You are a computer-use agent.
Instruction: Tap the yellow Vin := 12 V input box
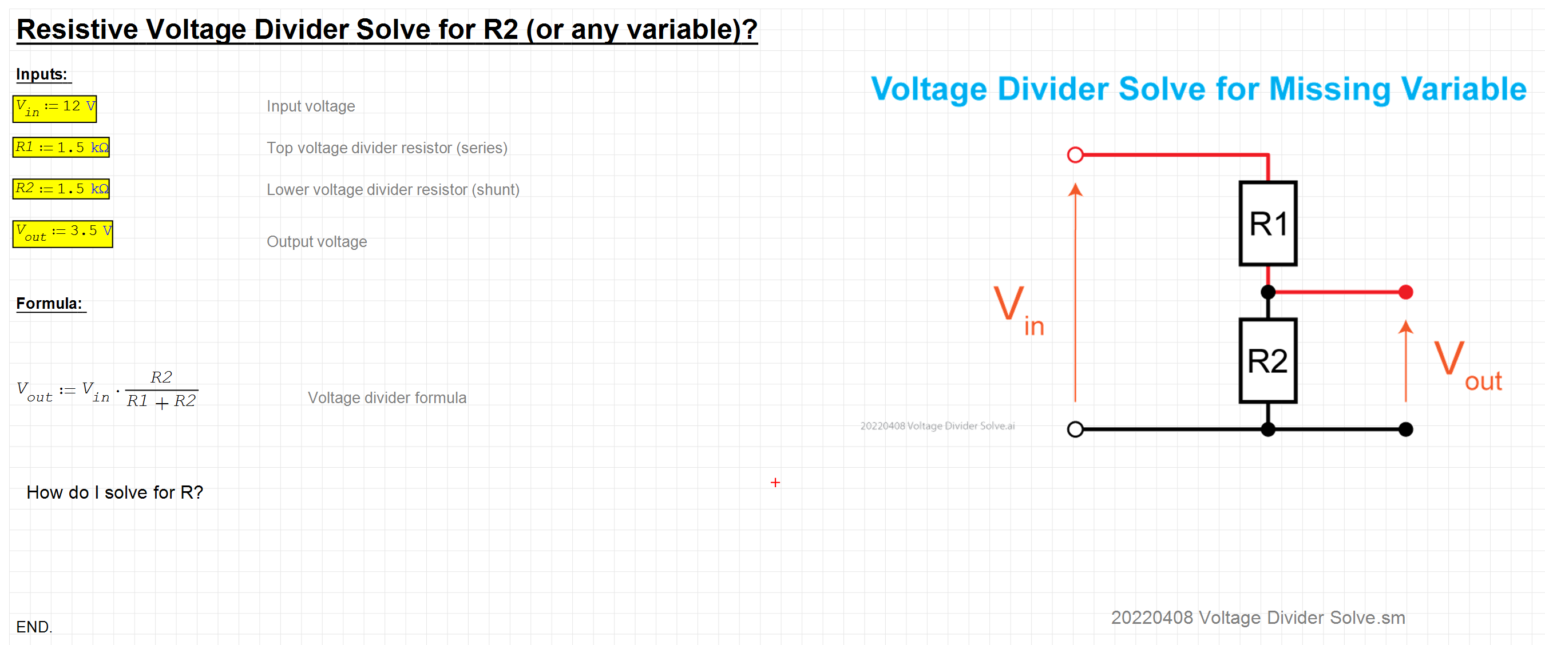point(54,109)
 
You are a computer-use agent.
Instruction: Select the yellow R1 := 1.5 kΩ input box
point(61,147)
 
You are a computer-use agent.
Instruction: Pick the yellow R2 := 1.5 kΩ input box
point(61,189)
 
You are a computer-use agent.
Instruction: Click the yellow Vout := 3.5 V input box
point(63,234)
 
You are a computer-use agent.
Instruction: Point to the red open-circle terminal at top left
point(1075,154)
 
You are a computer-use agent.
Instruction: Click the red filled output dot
point(1406,292)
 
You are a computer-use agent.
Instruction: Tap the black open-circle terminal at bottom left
point(1075,429)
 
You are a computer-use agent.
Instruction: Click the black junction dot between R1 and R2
point(1268,292)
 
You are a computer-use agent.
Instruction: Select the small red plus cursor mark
point(775,483)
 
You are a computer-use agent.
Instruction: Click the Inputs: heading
point(41,74)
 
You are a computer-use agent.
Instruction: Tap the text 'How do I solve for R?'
point(114,492)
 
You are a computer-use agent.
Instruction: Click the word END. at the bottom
point(34,627)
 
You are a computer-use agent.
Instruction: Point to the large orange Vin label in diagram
point(1019,310)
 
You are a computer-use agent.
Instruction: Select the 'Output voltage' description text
point(316,241)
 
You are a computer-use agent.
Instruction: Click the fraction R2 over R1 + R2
point(161,389)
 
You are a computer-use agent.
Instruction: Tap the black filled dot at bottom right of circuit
point(1406,429)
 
